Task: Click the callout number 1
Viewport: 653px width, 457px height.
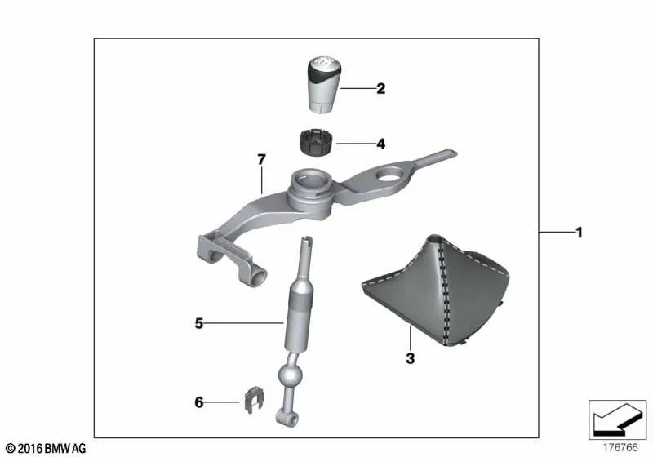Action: point(579,233)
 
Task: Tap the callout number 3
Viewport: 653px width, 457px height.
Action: point(410,357)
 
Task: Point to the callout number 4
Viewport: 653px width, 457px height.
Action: point(380,144)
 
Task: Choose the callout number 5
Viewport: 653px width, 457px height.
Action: point(198,323)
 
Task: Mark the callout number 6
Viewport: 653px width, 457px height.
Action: point(198,402)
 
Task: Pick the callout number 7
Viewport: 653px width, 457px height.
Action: point(261,160)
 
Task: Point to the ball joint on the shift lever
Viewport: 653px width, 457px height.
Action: point(292,377)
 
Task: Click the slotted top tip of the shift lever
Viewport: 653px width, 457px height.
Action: point(306,242)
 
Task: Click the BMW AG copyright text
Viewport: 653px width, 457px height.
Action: point(46,448)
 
